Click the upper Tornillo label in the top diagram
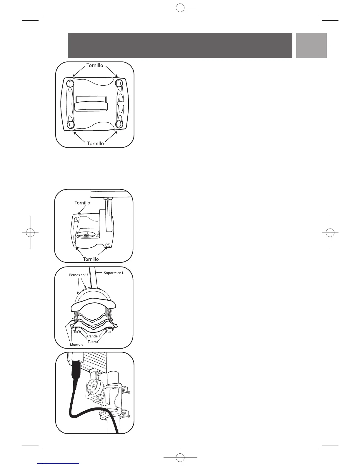pos(95,65)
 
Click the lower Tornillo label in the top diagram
pos(95,143)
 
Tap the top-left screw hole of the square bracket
pos(70,84)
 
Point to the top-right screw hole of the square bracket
pos(119,83)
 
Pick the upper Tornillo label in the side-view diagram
pos(82,203)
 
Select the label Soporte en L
pos(114,273)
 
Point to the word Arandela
pos(93,336)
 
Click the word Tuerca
pos(93,342)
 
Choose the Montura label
pos(76,344)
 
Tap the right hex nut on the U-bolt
pos(111,329)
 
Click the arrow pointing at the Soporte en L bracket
pos(99,273)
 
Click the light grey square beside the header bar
pos(311,45)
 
